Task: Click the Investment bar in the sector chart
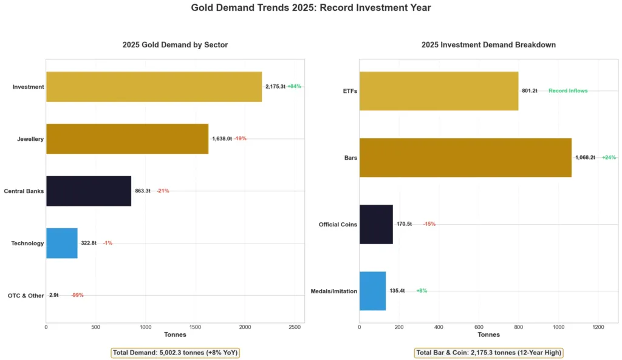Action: point(154,87)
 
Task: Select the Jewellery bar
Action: point(127,139)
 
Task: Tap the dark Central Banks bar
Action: point(89,191)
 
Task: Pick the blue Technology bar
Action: point(62,243)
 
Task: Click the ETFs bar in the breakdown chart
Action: point(439,91)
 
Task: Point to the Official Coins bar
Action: point(376,224)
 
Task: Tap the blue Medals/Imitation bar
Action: point(372,291)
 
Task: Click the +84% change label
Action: point(294,87)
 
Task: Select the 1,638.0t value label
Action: point(222,139)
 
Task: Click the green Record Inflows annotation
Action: point(568,91)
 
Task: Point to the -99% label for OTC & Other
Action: point(77,296)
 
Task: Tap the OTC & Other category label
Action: point(26,296)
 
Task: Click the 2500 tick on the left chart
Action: point(295,327)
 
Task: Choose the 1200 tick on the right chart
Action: point(598,327)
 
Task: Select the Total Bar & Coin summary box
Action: point(488,352)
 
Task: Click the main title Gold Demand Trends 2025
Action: point(311,8)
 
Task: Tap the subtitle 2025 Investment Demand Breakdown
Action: point(488,45)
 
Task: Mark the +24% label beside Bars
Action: point(609,158)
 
